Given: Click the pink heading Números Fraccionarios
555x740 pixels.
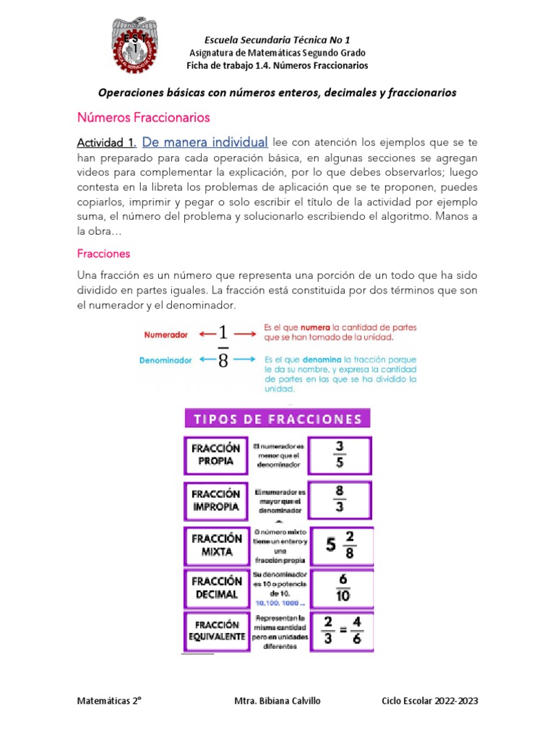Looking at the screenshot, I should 143,117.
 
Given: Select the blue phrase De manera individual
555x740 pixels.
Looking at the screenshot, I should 205,142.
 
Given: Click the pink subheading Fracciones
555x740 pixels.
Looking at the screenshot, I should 103,254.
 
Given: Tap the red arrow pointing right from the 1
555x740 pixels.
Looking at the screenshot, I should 245,333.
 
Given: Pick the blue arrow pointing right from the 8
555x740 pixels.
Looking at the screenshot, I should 245,358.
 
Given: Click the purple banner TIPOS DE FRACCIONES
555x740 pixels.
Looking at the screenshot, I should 277,419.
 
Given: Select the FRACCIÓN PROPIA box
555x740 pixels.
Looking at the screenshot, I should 215,455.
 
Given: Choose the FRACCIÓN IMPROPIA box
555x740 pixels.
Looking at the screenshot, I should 215,500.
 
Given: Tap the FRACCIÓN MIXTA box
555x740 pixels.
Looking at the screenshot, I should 215,545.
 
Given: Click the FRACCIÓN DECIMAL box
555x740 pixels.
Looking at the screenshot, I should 215,588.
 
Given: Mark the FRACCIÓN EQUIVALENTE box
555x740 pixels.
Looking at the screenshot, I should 215,630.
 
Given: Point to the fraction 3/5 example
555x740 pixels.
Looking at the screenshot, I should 340,454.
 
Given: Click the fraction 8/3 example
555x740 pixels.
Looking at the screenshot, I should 340,499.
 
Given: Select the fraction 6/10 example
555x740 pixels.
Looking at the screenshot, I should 341,588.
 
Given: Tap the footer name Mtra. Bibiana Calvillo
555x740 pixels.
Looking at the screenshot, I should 279,702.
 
